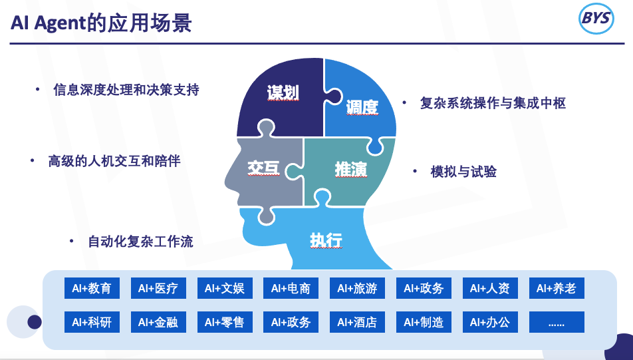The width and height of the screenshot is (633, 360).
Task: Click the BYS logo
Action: click(x=596, y=20)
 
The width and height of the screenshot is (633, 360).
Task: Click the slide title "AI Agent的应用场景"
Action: click(x=101, y=23)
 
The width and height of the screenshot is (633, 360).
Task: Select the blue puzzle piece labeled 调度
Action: click(x=362, y=106)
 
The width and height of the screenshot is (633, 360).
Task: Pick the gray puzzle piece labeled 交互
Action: click(x=263, y=168)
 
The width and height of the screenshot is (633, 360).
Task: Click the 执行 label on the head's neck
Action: click(x=326, y=240)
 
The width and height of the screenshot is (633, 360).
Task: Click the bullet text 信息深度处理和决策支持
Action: click(x=126, y=89)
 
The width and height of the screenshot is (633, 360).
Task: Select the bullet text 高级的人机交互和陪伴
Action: click(x=114, y=161)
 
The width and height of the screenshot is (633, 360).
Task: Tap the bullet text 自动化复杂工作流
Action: click(x=140, y=242)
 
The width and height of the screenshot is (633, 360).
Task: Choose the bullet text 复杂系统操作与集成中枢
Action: click(x=493, y=103)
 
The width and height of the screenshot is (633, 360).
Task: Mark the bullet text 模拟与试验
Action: click(x=463, y=172)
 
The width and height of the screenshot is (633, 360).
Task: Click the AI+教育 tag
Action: click(x=92, y=289)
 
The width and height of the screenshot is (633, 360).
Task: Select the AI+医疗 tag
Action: click(x=158, y=289)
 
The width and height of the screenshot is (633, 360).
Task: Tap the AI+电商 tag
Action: click(x=291, y=289)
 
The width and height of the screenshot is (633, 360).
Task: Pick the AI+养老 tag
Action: click(x=556, y=289)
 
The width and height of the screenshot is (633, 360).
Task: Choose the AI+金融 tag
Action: click(x=158, y=323)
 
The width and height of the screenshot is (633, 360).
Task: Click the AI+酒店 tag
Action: click(x=357, y=323)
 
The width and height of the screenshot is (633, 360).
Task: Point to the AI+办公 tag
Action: click(x=490, y=323)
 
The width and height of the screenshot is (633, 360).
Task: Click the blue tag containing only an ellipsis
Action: click(x=556, y=323)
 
